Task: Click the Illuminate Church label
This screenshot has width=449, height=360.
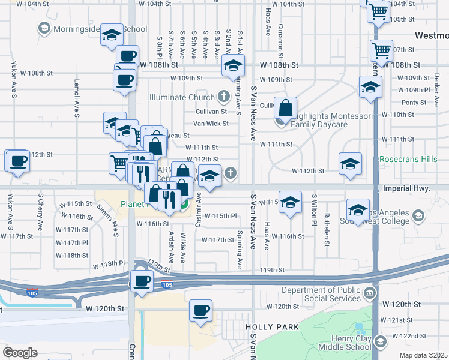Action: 182,98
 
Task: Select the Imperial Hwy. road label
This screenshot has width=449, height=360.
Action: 406,188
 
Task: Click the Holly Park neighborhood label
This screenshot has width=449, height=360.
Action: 268,327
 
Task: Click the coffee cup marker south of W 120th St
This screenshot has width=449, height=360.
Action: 201,311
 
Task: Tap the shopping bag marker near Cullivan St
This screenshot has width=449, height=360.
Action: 286,108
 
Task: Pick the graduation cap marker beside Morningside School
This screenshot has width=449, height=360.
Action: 112,35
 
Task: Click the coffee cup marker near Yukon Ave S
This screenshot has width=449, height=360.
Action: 18,160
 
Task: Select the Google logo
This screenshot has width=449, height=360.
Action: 20,353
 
